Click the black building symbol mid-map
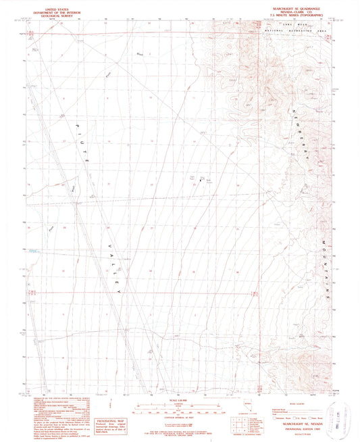(x=200, y=180)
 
